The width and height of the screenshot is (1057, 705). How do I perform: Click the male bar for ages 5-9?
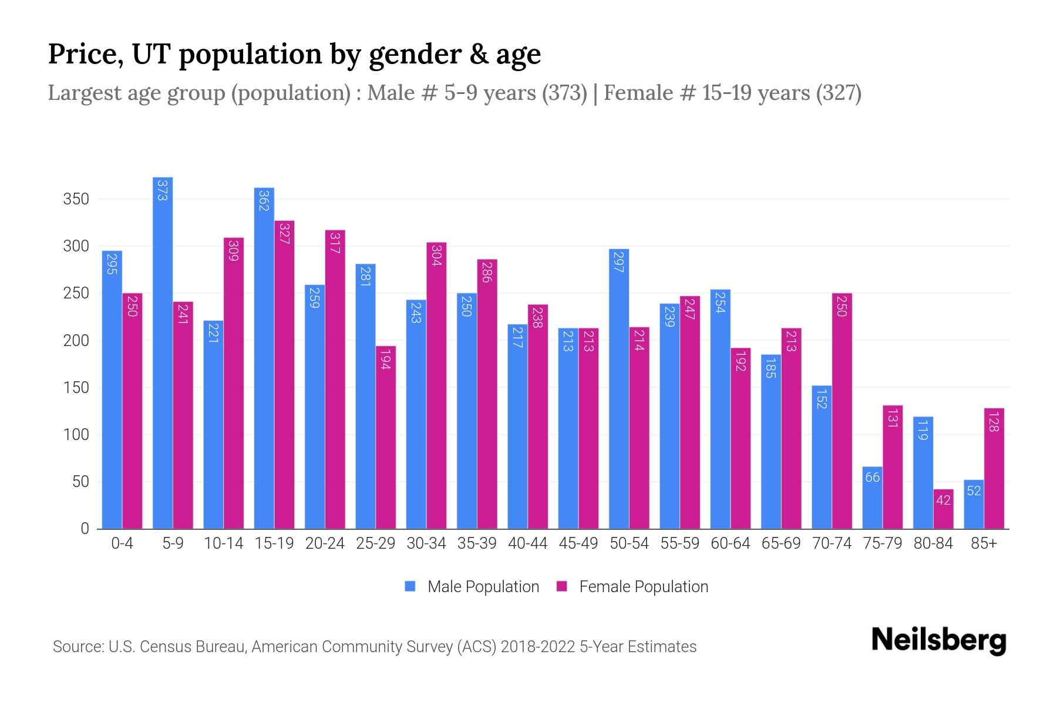tap(163, 352)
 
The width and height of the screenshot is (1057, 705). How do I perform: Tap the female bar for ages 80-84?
tap(943, 509)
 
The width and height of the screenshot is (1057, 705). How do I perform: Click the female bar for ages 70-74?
tap(841, 411)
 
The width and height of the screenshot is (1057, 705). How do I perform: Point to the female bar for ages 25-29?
tap(386, 437)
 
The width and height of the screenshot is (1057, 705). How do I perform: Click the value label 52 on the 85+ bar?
tap(974, 491)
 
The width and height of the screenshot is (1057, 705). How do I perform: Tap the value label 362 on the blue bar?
tap(264, 200)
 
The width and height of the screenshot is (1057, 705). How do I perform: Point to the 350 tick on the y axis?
tap(76, 199)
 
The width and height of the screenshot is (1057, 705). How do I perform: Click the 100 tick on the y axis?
tap(76, 435)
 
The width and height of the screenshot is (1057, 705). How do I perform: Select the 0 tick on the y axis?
tap(85, 529)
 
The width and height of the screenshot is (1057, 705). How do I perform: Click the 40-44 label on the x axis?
tap(527, 543)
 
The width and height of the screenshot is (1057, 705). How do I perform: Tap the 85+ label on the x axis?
tap(984, 543)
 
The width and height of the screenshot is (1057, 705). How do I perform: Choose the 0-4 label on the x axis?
tap(122, 543)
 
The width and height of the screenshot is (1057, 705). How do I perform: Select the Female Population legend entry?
tap(632, 587)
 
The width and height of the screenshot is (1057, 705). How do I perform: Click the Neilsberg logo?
tap(938, 640)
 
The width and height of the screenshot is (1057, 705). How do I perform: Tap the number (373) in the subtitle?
tap(564, 93)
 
